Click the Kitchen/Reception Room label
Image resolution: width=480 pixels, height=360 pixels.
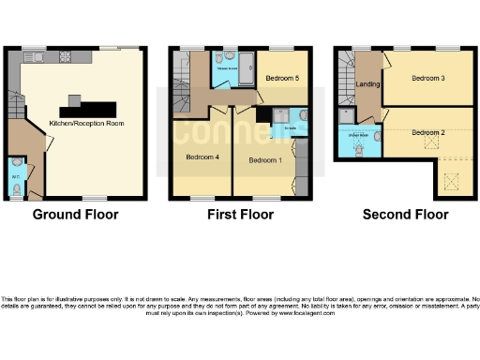click(x=82, y=123)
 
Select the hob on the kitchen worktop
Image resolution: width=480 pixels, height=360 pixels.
click(x=67, y=56)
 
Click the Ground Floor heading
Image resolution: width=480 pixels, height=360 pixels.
click(x=75, y=215)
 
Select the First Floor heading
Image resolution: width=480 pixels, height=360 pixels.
click(x=240, y=215)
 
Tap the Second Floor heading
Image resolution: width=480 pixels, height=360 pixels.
click(x=405, y=215)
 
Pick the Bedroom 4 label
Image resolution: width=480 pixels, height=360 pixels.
click(x=202, y=157)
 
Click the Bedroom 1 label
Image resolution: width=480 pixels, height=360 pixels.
click(x=265, y=160)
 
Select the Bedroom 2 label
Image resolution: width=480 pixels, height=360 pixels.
click(x=427, y=132)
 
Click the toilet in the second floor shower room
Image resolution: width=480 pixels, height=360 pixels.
click(x=362, y=148)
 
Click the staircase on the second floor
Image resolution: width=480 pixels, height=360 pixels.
click(x=346, y=74)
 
